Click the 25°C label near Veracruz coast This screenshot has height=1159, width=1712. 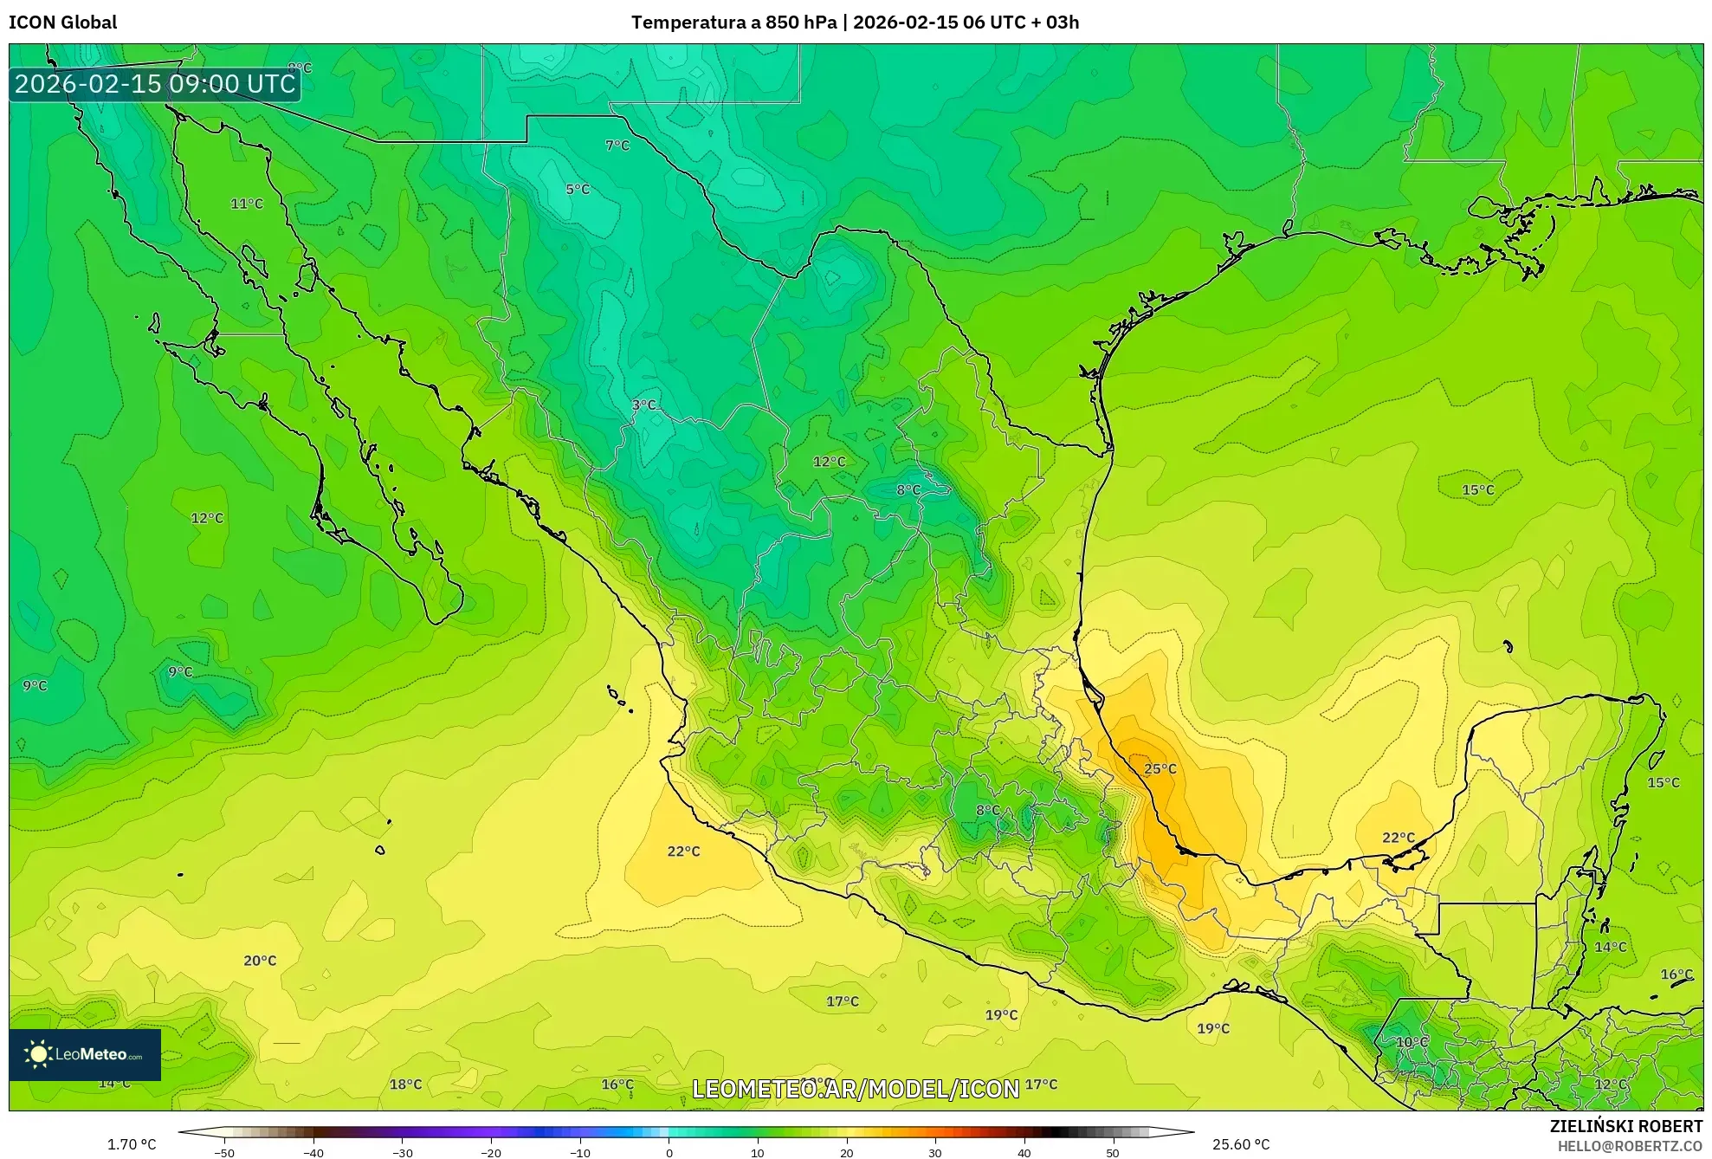[x=1160, y=769]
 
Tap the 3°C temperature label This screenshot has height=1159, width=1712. [x=643, y=405]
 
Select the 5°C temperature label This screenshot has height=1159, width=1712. [x=578, y=190]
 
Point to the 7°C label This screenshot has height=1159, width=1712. [x=617, y=146]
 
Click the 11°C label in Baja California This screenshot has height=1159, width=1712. [x=247, y=204]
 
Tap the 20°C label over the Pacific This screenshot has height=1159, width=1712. [x=260, y=961]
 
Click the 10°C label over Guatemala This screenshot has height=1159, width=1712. [x=1412, y=1042]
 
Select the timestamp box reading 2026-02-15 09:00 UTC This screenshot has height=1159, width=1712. [x=155, y=84]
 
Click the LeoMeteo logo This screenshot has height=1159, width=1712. [x=85, y=1054]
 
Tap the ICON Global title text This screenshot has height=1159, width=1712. [x=63, y=23]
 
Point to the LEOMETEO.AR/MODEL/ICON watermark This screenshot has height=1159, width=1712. [x=856, y=1089]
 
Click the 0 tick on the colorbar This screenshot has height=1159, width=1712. [x=669, y=1153]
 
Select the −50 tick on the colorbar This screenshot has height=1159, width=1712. [x=224, y=1153]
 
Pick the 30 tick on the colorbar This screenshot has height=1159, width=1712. [x=935, y=1153]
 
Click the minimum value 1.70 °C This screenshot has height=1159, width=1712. [x=132, y=1144]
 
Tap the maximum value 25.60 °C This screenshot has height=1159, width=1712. [x=1240, y=1144]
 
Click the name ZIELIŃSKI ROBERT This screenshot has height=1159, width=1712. [x=1625, y=1126]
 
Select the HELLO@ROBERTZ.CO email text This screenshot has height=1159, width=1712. [x=1630, y=1146]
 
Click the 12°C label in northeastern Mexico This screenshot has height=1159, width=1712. [x=829, y=462]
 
